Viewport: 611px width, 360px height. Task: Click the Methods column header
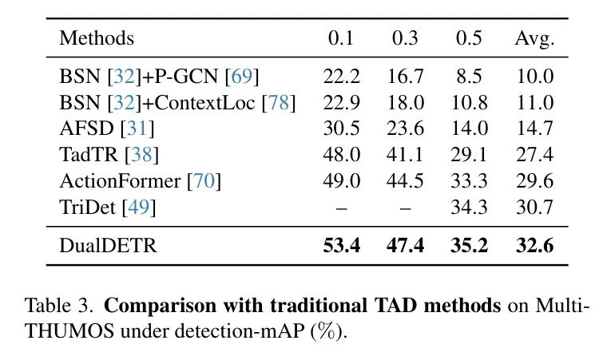point(97,38)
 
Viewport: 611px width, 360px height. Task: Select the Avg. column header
point(535,38)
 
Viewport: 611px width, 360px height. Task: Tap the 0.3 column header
point(405,38)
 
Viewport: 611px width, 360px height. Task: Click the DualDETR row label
point(108,246)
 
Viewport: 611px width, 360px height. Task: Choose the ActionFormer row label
point(120,181)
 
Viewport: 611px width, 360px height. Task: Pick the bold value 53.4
point(341,246)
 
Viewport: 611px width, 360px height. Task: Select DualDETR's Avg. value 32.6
point(535,246)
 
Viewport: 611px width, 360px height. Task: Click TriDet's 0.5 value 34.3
point(470,208)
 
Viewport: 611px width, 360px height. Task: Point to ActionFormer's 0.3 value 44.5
point(405,181)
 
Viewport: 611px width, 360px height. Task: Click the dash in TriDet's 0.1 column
point(341,208)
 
